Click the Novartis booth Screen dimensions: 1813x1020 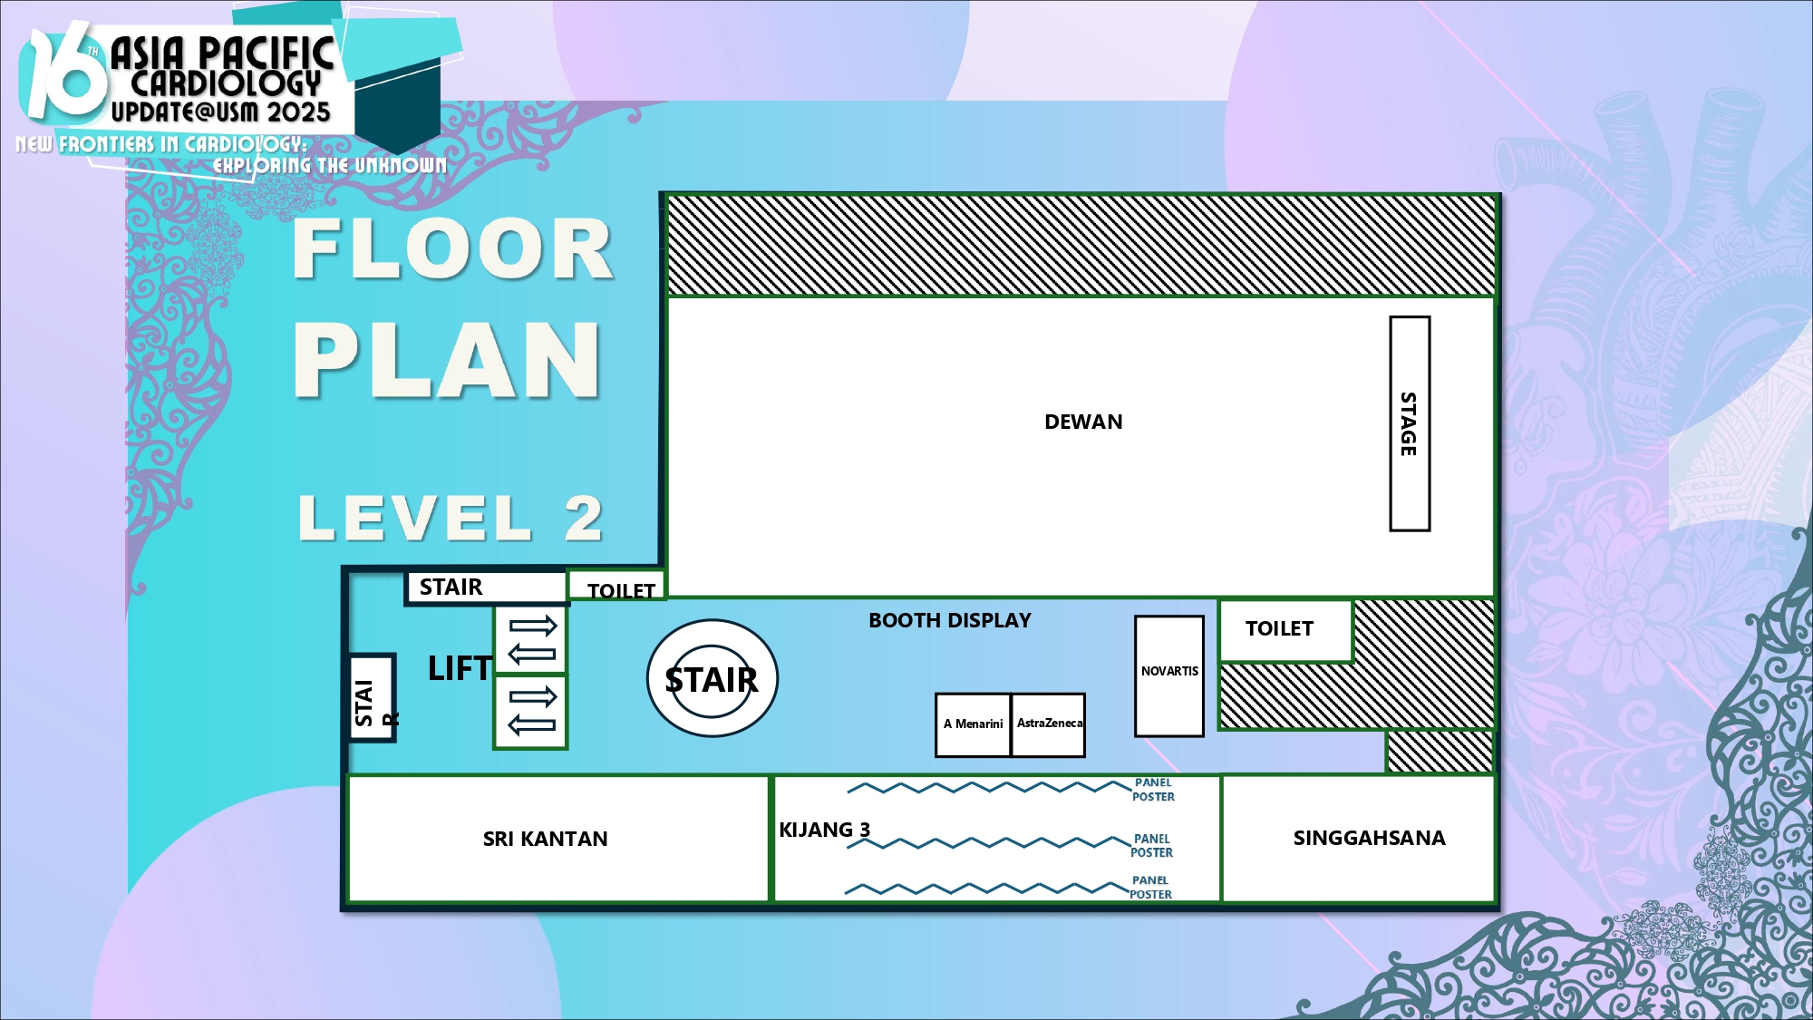[x=1169, y=676]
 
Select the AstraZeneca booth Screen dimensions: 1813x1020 [x=1048, y=725]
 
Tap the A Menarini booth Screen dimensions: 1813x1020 [x=973, y=725]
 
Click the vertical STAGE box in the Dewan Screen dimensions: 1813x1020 [x=1410, y=423]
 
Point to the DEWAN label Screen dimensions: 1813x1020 [x=1083, y=422]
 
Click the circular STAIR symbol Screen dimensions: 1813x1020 [x=712, y=678]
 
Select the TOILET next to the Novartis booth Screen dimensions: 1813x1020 [x=1285, y=629]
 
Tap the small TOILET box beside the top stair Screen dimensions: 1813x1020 [x=616, y=586]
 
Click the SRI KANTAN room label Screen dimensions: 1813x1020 [x=545, y=839]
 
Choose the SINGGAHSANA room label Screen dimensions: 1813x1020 [x=1369, y=838]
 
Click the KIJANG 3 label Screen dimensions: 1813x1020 [x=824, y=830]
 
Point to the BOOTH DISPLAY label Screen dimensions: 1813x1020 [x=950, y=620]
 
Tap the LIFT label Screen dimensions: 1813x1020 [x=460, y=669]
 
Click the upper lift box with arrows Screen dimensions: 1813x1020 [x=530, y=639]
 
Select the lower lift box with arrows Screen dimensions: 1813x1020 [x=530, y=712]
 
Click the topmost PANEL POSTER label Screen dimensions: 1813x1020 [x=1153, y=790]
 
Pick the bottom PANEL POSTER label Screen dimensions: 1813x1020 [x=1150, y=888]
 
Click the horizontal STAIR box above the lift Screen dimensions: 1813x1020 [x=486, y=588]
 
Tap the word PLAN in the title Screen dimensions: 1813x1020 [x=447, y=361]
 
